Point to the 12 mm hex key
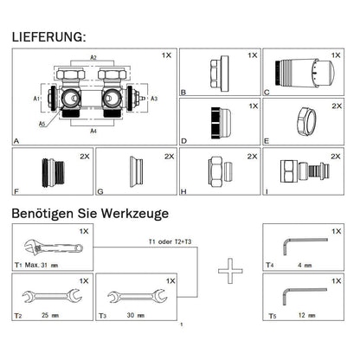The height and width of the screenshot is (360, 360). click(302, 294)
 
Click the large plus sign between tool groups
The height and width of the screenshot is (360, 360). click(228, 273)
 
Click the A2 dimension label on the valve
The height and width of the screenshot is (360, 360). click(93, 56)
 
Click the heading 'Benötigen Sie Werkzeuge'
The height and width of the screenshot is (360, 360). click(91, 212)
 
